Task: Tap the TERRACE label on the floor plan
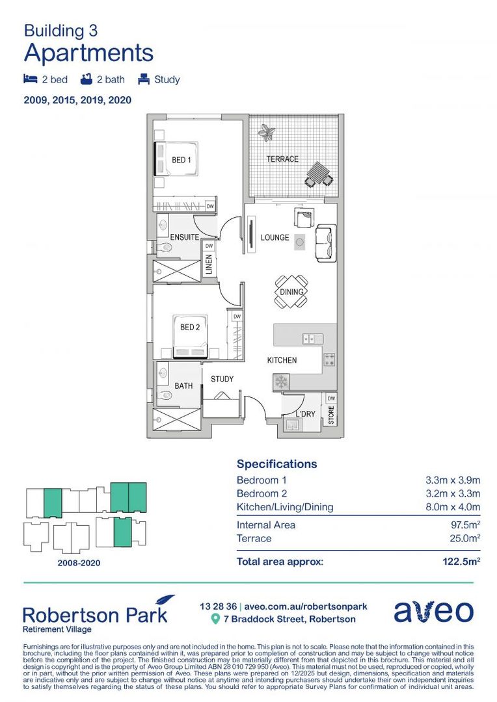coord(282,159)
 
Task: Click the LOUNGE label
coord(275,238)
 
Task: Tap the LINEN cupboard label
coord(209,266)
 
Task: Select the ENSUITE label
coord(184,238)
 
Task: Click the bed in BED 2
coord(189,337)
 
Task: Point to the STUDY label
coord(222,379)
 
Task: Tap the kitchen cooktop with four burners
coord(329,359)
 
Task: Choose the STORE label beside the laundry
coord(330,416)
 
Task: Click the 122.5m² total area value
coord(461,562)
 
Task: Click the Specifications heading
coord(276,464)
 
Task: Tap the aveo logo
coord(433,611)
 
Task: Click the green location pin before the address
coord(216,619)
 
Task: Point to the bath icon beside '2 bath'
coord(86,80)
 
